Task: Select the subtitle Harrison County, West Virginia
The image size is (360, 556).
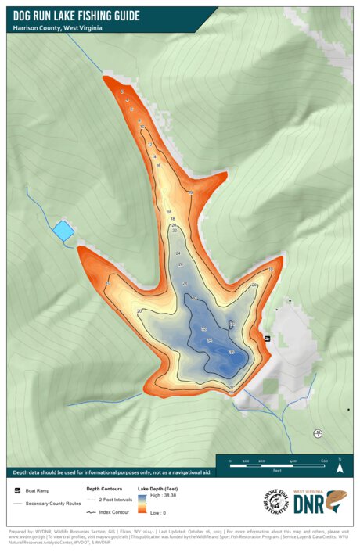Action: pyautogui.click(x=58, y=28)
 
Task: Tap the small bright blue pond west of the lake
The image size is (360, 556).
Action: pyautogui.click(x=63, y=230)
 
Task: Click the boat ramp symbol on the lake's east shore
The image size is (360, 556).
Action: pyautogui.click(x=267, y=338)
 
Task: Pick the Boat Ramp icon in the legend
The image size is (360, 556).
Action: pyautogui.click(x=17, y=490)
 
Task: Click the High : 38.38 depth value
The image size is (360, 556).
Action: pyautogui.click(x=164, y=497)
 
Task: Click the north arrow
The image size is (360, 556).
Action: pyautogui.click(x=340, y=467)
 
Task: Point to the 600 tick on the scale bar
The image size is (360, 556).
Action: pyautogui.click(x=324, y=462)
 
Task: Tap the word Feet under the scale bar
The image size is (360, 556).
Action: pyautogui.click(x=277, y=471)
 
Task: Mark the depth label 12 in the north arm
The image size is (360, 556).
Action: pyautogui.click(x=150, y=145)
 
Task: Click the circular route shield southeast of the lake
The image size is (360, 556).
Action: pyautogui.click(x=318, y=432)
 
